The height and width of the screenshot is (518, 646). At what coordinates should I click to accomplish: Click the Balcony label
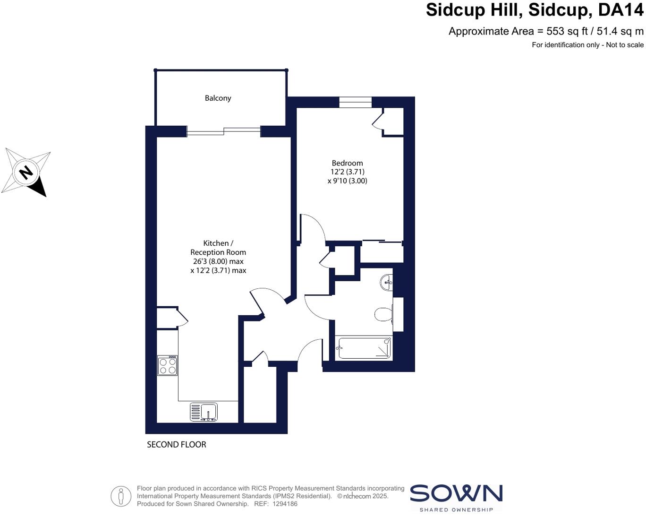pyautogui.click(x=218, y=98)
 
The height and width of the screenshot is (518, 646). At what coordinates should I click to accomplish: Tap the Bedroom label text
pyautogui.click(x=347, y=163)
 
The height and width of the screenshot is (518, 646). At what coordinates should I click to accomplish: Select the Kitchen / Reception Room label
pyautogui.click(x=218, y=248)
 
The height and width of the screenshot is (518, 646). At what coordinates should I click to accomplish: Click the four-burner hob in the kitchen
pyautogui.click(x=167, y=365)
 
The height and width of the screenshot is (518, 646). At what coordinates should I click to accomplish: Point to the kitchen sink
pyautogui.click(x=204, y=412)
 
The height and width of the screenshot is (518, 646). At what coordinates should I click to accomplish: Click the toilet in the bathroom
pyautogui.click(x=384, y=314)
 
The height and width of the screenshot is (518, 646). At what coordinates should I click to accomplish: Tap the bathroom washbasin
pyautogui.click(x=386, y=283)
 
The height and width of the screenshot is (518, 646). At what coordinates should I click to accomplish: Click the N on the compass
pyautogui.click(x=26, y=172)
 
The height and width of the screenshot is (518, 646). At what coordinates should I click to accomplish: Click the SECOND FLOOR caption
pyautogui.click(x=177, y=445)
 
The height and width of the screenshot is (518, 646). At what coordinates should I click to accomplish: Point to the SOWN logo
pyautogui.click(x=456, y=493)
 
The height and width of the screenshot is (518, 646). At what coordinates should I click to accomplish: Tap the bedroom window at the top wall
pyautogui.click(x=355, y=102)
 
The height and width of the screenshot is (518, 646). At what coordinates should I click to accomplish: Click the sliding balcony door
pyautogui.click(x=224, y=131)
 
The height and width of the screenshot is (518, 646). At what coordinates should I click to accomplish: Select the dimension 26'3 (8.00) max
pyautogui.click(x=218, y=261)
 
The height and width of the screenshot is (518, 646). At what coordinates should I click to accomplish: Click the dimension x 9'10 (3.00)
pyautogui.click(x=347, y=181)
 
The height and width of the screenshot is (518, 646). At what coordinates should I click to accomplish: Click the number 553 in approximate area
pyautogui.click(x=555, y=32)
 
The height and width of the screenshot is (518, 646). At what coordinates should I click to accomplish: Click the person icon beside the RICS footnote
pyautogui.click(x=121, y=496)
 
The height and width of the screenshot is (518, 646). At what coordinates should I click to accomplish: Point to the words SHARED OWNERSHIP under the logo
pyautogui.click(x=456, y=510)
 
